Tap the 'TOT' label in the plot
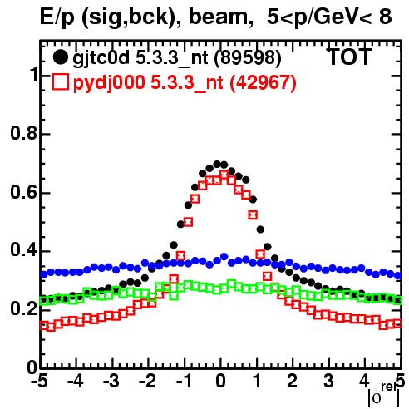pos(349,57)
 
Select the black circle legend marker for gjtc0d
pos(60,57)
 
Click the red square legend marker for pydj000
pos(60,81)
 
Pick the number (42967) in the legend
pos(263,82)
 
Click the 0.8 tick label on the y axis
pos(23,133)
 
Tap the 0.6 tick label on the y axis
pos(23,192)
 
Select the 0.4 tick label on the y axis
pos(23,250)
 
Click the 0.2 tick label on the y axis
pos(23,309)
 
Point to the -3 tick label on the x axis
pos(111,382)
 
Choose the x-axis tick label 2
pos(292,382)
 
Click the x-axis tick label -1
pos(184,382)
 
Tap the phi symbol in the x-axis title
pos(377,398)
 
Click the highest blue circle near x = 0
pos(224,256)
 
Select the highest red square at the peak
pos(224,175)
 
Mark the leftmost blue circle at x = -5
pos(44,274)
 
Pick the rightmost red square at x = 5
pos(398,323)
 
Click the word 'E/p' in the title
pos(57,17)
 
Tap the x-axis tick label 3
pos(328,382)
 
